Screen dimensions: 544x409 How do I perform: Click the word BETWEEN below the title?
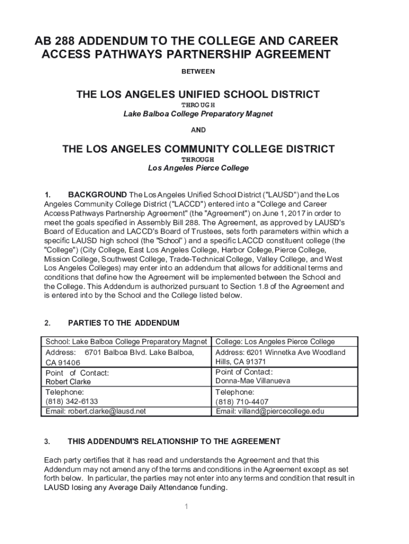coord(198,71)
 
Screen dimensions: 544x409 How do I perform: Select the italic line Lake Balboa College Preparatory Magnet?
coord(198,114)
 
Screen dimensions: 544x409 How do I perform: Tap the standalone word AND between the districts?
coord(198,130)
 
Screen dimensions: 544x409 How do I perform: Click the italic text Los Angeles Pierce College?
coord(198,168)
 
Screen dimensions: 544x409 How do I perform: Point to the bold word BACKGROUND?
coord(97,194)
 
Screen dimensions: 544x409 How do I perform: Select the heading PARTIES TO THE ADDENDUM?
coord(124,323)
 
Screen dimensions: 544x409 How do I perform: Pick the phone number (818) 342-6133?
coord(72,402)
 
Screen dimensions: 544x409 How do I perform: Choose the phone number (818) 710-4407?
coord(242,402)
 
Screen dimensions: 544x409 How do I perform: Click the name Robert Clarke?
coord(68,382)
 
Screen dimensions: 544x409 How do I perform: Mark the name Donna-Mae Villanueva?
coord(253,381)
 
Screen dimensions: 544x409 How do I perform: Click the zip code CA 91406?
coord(63,362)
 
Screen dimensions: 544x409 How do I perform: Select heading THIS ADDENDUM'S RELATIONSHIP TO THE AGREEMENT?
coord(174,441)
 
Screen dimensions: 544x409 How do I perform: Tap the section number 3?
coord(47,441)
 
